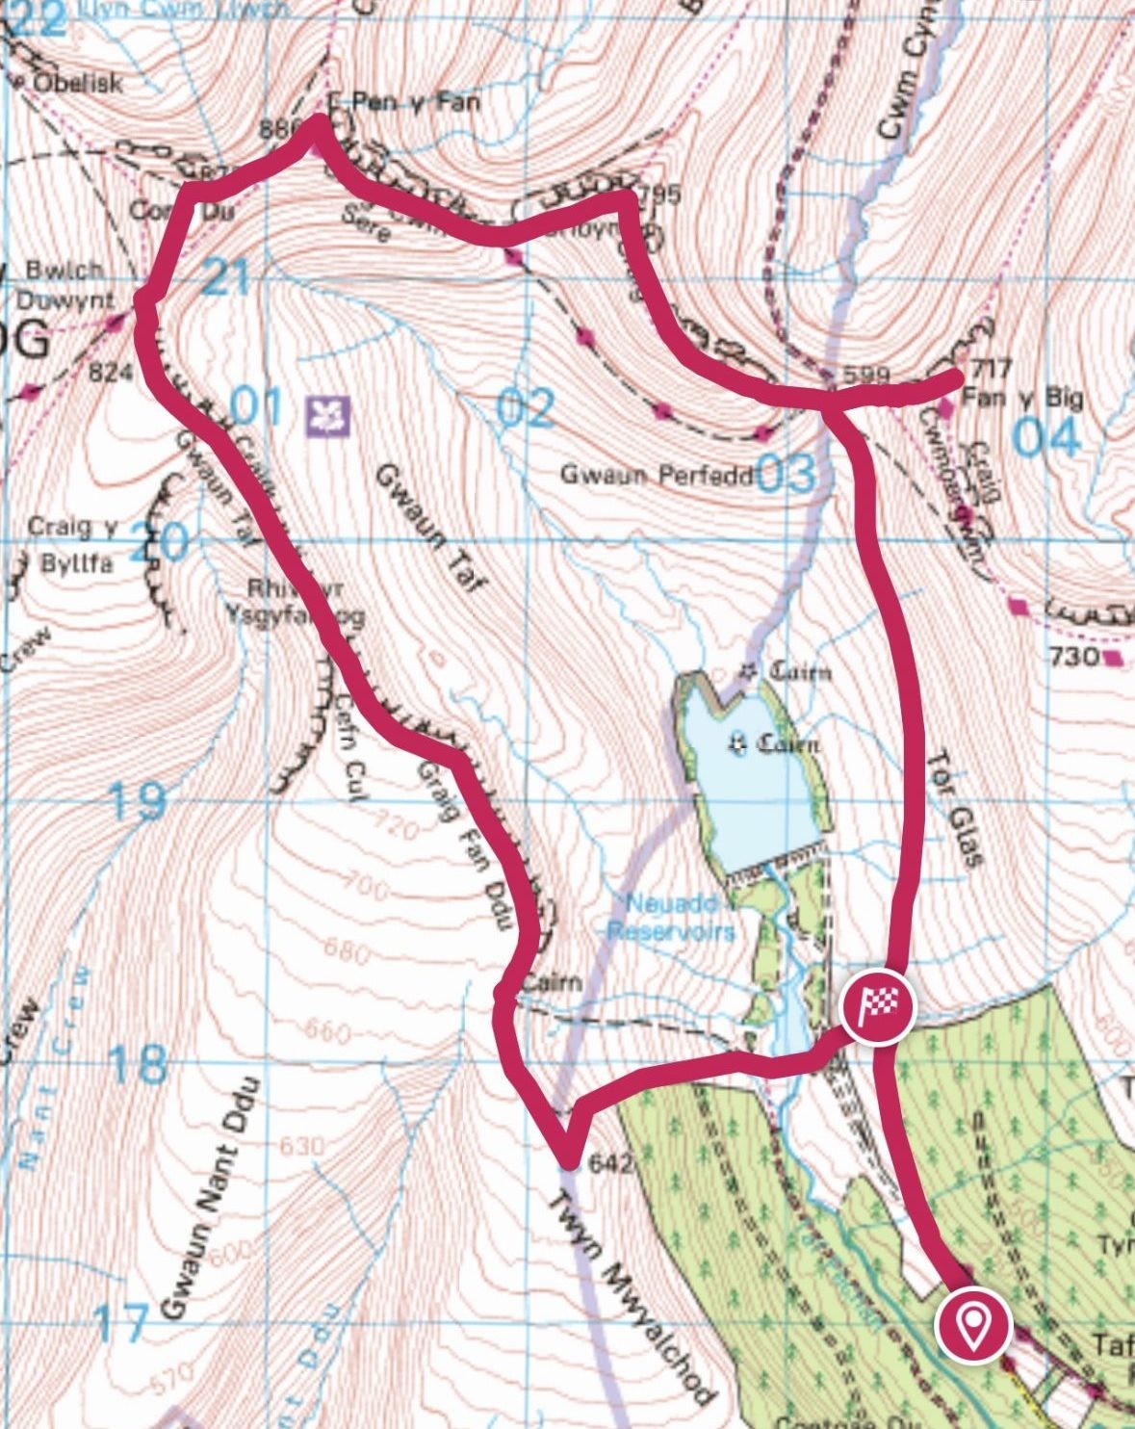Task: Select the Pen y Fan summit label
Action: click(415, 101)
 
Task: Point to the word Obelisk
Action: click(78, 83)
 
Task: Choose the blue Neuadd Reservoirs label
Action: click(671, 918)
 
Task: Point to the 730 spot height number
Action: click(1074, 657)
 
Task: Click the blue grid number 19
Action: click(136, 801)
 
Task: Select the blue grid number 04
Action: click(1047, 438)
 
